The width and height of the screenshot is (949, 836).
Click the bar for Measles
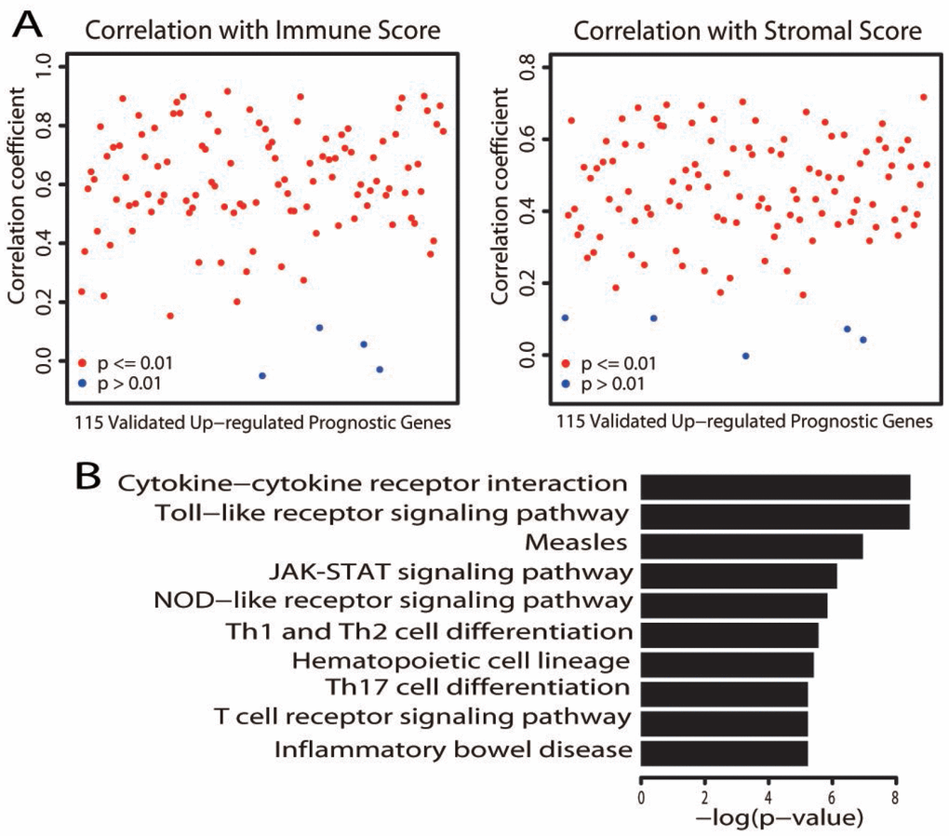pos(752,546)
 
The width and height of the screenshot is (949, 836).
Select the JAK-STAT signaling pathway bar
pos(739,575)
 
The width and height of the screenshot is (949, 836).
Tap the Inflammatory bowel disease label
pos(454,749)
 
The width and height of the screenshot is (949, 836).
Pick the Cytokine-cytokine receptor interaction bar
pos(775,488)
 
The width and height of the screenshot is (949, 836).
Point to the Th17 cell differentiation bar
pos(724,693)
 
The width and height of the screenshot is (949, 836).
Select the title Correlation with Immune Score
pos(263,31)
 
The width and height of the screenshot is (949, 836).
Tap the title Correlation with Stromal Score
pos(748,31)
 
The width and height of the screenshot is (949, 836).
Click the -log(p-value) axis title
pos(775,818)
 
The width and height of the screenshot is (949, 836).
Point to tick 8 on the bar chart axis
pos(895,799)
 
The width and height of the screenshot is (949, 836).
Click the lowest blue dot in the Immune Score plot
pos(262,375)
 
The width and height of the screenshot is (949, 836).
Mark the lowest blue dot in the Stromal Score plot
pos(745,356)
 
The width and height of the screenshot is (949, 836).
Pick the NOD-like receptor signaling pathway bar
pos(734,605)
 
